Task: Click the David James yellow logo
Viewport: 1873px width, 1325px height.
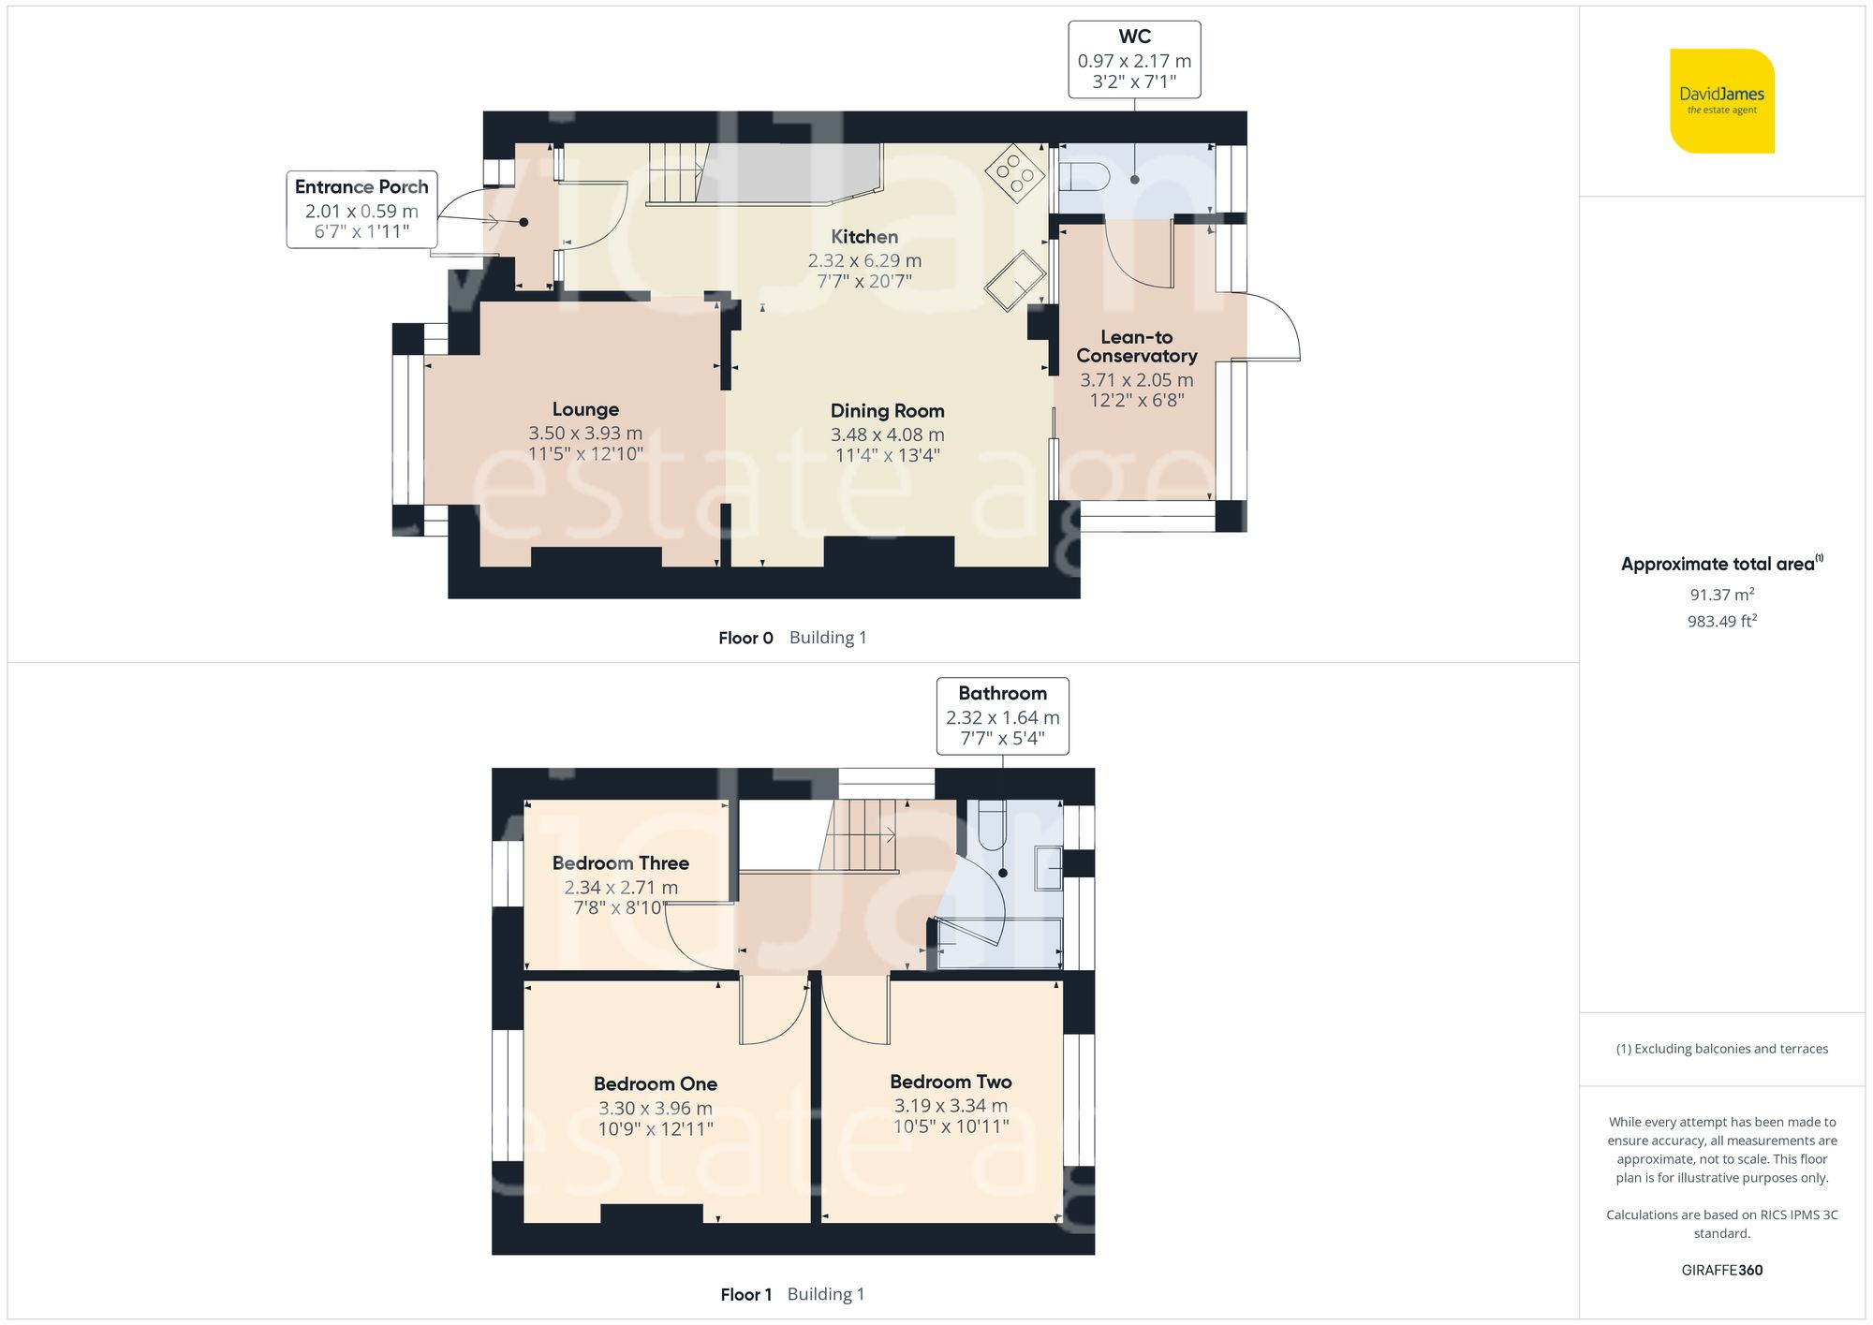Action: click(x=1721, y=101)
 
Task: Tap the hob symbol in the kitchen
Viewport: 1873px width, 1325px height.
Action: click(x=1014, y=173)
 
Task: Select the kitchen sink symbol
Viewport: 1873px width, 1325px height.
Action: click(x=1015, y=279)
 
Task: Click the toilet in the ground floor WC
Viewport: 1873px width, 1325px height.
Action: click(x=1084, y=175)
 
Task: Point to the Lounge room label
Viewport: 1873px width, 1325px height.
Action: click(x=585, y=409)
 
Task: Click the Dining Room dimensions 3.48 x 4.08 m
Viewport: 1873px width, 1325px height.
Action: click(x=887, y=434)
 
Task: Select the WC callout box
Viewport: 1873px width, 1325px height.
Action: click(x=1134, y=60)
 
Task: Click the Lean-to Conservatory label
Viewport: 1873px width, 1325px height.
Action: click(x=1136, y=346)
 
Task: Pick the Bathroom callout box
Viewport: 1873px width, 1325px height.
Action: click(x=1002, y=716)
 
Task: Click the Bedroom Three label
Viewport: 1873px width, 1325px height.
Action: click(x=620, y=863)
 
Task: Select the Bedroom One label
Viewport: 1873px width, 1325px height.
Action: click(x=655, y=1083)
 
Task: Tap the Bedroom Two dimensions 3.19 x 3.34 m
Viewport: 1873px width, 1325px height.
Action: click(x=951, y=1106)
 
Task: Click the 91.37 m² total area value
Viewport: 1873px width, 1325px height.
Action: click(x=1721, y=595)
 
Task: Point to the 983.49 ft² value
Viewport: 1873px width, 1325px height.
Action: click(x=1721, y=621)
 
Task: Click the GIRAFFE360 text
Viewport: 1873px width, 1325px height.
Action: click(x=1721, y=1270)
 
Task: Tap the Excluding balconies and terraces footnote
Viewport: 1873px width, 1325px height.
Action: click(x=1721, y=1049)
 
